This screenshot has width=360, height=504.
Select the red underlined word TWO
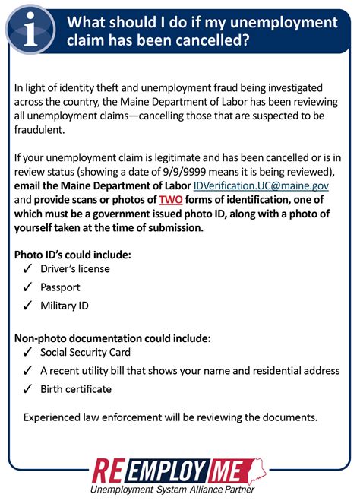[171, 199]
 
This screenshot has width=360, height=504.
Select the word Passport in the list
[60, 287]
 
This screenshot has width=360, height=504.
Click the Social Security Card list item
[85, 353]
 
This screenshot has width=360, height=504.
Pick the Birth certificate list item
[76, 389]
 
